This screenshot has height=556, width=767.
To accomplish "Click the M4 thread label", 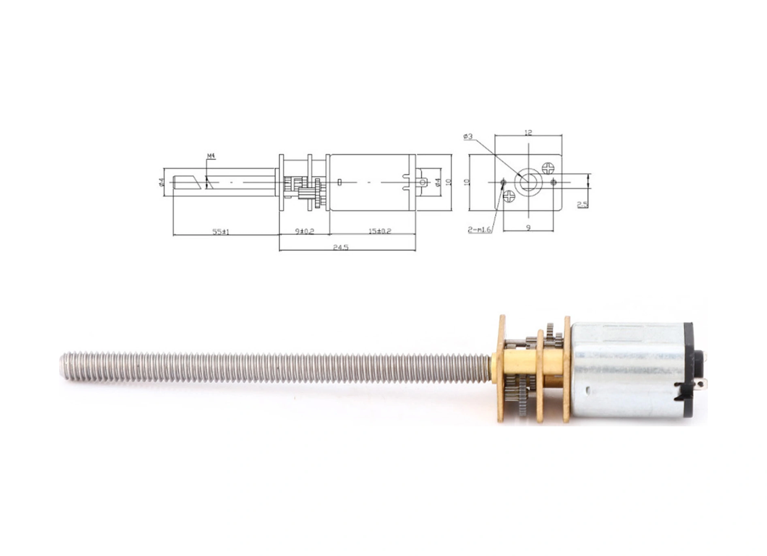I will (x=211, y=156).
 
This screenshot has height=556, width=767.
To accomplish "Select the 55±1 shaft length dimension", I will (x=221, y=232).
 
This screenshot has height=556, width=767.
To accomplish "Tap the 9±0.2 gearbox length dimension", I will (x=305, y=231).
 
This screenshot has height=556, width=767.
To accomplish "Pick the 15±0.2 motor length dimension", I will (x=380, y=231).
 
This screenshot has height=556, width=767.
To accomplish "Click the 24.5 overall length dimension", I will (x=341, y=247).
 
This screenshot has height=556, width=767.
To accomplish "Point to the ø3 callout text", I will (x=468, y=137).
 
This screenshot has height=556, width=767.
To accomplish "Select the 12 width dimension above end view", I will (x=528, y=133).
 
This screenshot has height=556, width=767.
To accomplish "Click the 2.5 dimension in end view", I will (x=582, y=204).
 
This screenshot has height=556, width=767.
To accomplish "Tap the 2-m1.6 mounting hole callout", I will (x=479, y=230).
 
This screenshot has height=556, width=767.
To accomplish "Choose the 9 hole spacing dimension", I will (x=528, y=228).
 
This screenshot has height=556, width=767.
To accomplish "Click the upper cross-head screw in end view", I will (x=547, y=168).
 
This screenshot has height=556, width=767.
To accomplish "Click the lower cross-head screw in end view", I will (x=509, y=197).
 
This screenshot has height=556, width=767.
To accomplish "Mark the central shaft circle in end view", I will (x=528, y=182).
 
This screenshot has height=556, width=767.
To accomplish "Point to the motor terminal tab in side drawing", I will (x=423, y=182).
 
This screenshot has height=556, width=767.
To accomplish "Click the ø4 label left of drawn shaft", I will (x=161, y=182).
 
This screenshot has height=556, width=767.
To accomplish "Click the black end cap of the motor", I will (x=689, y=369).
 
